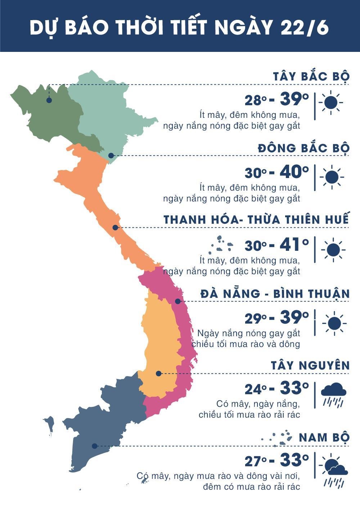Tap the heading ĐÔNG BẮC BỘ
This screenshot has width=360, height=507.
coord(303,148)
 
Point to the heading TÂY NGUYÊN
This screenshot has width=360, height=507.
coord(310,365)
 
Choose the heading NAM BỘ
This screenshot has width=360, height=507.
coord(324,437)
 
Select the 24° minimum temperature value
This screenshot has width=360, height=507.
coord(256,389)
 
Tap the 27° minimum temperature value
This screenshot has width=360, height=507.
coord(256,462)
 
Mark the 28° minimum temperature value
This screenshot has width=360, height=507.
coord(256,101)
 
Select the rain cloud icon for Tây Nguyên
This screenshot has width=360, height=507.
coord(333,395)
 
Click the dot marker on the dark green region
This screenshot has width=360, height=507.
coord(49,100)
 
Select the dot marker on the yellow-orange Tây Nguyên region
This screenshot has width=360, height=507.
coord(158,373)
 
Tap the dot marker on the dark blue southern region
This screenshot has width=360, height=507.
coord(94,446)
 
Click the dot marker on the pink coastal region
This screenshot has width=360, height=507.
coord(177,301)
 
